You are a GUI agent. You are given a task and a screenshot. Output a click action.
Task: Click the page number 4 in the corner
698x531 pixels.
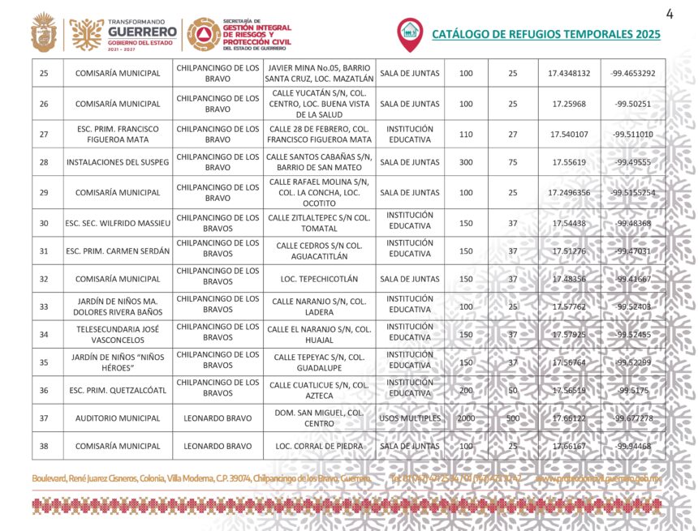pos(670,13)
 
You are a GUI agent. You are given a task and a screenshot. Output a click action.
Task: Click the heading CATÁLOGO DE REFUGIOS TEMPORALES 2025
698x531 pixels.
pos(545,34)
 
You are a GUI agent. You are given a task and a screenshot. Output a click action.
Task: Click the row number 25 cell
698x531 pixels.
pos(44,74)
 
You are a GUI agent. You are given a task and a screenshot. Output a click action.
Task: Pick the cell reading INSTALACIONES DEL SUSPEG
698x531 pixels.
pos(117,162)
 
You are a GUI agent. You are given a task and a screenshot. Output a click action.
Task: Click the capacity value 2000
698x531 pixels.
pos(466,418)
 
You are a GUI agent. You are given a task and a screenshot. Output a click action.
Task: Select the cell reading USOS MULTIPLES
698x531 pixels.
pos(410,418)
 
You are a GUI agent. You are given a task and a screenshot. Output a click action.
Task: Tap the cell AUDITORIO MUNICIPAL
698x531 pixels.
pos(117,418)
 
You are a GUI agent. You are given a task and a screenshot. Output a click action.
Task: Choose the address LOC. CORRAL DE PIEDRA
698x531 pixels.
pos(319,446)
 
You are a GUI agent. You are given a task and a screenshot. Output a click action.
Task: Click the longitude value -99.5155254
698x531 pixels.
pos(632,193)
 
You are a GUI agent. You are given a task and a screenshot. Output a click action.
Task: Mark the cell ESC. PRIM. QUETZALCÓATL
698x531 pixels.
pos(117,390)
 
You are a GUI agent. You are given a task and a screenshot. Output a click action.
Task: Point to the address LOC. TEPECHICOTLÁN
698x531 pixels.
pos(319,279)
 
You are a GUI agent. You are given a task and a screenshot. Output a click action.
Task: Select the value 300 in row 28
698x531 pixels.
pos(466,162)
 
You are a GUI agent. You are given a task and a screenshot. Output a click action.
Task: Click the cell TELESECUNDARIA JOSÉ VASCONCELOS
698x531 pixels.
pos(117,334)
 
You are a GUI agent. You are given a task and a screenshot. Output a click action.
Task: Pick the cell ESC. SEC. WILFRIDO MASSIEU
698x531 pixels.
pos(117,223)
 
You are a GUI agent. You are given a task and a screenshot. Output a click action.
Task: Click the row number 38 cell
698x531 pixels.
pos(44,446)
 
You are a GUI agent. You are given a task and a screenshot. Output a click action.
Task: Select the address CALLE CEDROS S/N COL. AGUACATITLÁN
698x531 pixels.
pos(319,251)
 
